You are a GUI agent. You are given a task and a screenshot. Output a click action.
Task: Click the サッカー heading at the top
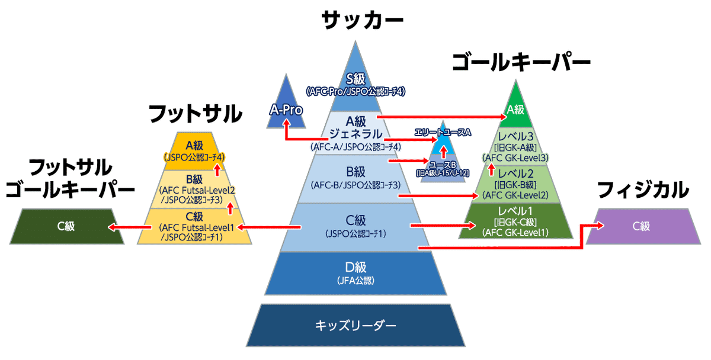pos(362,20)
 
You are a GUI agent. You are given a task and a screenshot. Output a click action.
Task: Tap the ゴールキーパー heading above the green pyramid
pos(521,63)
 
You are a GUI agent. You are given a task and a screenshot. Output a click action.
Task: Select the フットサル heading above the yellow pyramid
pos(196,114)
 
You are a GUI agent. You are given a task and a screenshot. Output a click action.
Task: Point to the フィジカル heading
pos(643,189)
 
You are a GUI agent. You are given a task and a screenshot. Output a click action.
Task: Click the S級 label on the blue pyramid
pos(355,79)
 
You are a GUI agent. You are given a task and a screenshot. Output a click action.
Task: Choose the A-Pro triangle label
pos(286,110)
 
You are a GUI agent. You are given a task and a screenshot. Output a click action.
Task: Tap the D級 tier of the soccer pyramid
pos(355,274)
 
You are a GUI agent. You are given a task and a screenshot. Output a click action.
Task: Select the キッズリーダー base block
pos(355,326)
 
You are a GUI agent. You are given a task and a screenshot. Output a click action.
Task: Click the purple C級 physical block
pos(643,226)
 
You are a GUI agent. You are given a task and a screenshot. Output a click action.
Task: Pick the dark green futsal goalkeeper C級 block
pos(66,226)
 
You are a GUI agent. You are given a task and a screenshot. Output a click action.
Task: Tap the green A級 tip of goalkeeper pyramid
pos(515,106)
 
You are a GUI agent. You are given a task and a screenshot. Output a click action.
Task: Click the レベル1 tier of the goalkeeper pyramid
pos(515,221)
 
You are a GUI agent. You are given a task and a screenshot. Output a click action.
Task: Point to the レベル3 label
pos(515,136)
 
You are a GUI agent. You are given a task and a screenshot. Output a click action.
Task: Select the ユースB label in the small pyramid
pos(443,165)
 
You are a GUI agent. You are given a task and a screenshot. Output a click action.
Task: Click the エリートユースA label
pos(443,132)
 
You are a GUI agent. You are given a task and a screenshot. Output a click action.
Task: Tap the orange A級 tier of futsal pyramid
pos(194,151)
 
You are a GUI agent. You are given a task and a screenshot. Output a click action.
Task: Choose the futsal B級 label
pos(194,179)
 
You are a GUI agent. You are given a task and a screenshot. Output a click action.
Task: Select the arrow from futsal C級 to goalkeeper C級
pos(130,227)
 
